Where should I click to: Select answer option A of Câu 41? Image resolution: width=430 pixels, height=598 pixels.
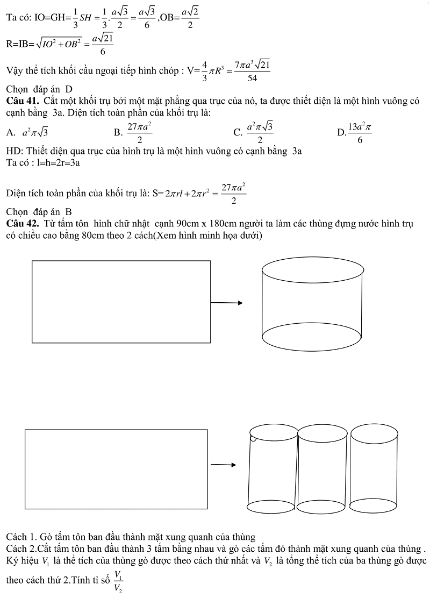point(31,132)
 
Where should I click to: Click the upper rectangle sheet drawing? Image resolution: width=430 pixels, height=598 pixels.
point(121,301)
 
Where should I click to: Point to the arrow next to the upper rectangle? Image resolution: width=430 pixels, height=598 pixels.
point(226,303)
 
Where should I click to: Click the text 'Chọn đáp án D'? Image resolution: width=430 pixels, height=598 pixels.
point(39,89)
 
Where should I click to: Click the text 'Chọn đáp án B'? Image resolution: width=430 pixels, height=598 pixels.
point(39,212)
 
